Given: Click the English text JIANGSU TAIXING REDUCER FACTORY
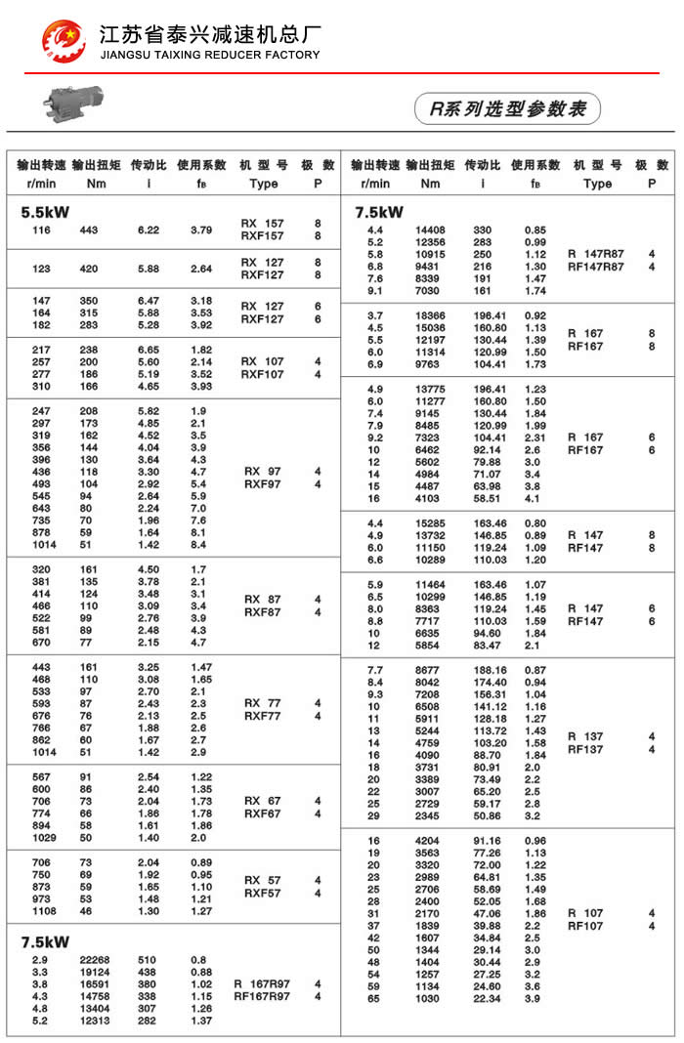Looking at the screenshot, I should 210,55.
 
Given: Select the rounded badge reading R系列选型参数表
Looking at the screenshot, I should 507,108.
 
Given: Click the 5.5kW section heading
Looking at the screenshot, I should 45,210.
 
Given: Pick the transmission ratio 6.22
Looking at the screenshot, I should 149,229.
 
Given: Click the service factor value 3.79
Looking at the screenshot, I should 201,229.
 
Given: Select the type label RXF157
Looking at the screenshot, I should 262,235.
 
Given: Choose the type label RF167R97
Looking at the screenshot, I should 261,996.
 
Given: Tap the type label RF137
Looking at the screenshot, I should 585,749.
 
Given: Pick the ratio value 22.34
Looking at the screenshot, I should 487,998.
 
